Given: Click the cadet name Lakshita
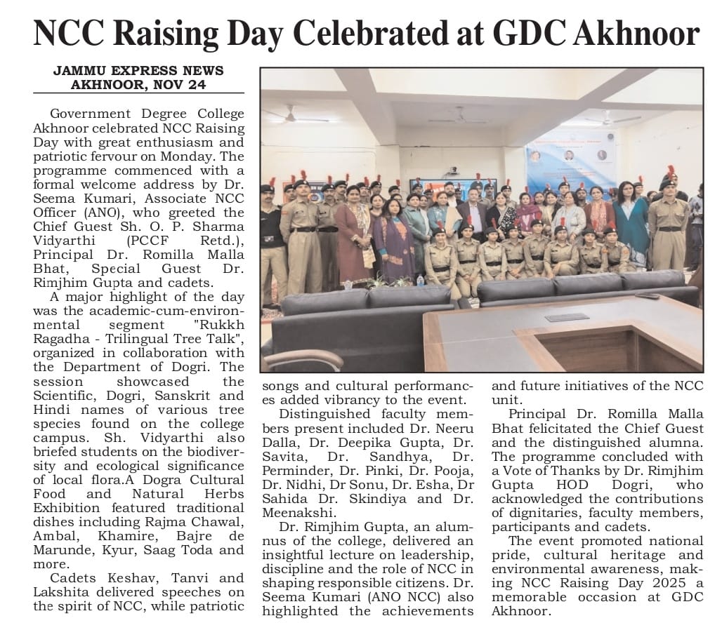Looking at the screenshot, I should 60,592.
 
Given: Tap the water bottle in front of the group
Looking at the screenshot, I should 420,281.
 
